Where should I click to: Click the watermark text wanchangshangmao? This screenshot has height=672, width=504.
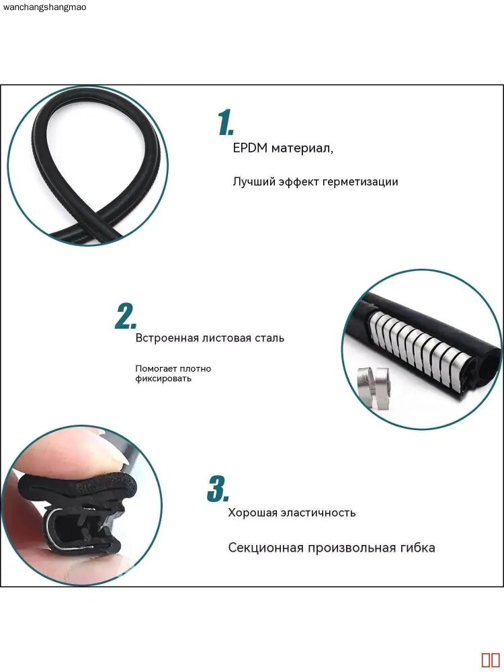(44, 7)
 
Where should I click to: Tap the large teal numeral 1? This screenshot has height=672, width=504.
(225, 122)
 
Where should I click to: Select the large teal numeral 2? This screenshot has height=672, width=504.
(126, 317)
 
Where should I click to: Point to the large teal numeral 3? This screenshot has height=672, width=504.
(218, 489)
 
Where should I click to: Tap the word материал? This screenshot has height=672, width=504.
(302, 149)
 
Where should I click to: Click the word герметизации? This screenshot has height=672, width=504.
(360, 181)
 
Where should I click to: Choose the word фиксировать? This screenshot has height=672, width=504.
(163, 379)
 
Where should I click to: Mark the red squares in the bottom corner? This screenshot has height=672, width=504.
(491, 660)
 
